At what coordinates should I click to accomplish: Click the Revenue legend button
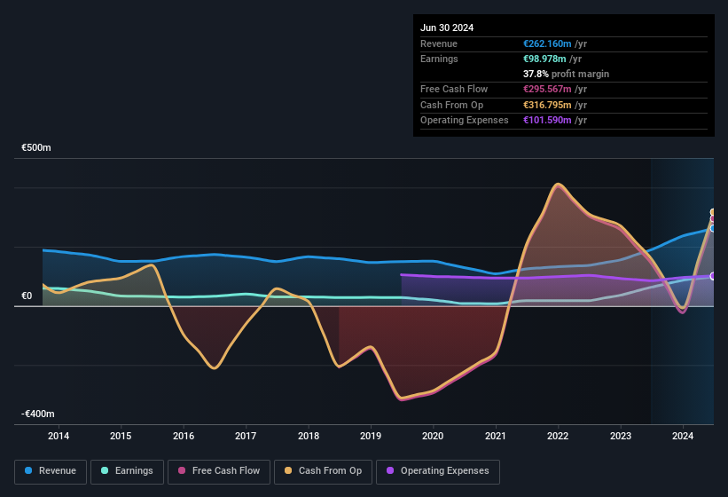(x=51, y=471)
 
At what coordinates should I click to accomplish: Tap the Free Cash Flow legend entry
(x=219, y=471)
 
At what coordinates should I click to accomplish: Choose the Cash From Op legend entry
(x=323, y=471)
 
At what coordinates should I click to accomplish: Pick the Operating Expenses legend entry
(x=437, y=471)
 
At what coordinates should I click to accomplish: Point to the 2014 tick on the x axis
(x=59, y=436)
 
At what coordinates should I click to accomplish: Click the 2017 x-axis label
(x=246, y=436)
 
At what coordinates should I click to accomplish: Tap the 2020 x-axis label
(x=433, y=436)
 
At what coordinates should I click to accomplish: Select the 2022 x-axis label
(x=558, y=436)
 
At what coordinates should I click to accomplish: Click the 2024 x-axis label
(x=683, y=436)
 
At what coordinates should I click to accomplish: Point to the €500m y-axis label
(x=37, y=148)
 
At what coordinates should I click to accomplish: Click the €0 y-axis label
(x=27, y=296)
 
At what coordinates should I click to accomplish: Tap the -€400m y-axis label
(x=37, y=414)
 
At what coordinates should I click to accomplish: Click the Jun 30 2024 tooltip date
(x=447, y=28)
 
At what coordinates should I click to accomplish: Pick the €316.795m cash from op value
(x=548, y=105)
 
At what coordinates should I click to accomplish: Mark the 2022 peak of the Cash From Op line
(x=557, y=185)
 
